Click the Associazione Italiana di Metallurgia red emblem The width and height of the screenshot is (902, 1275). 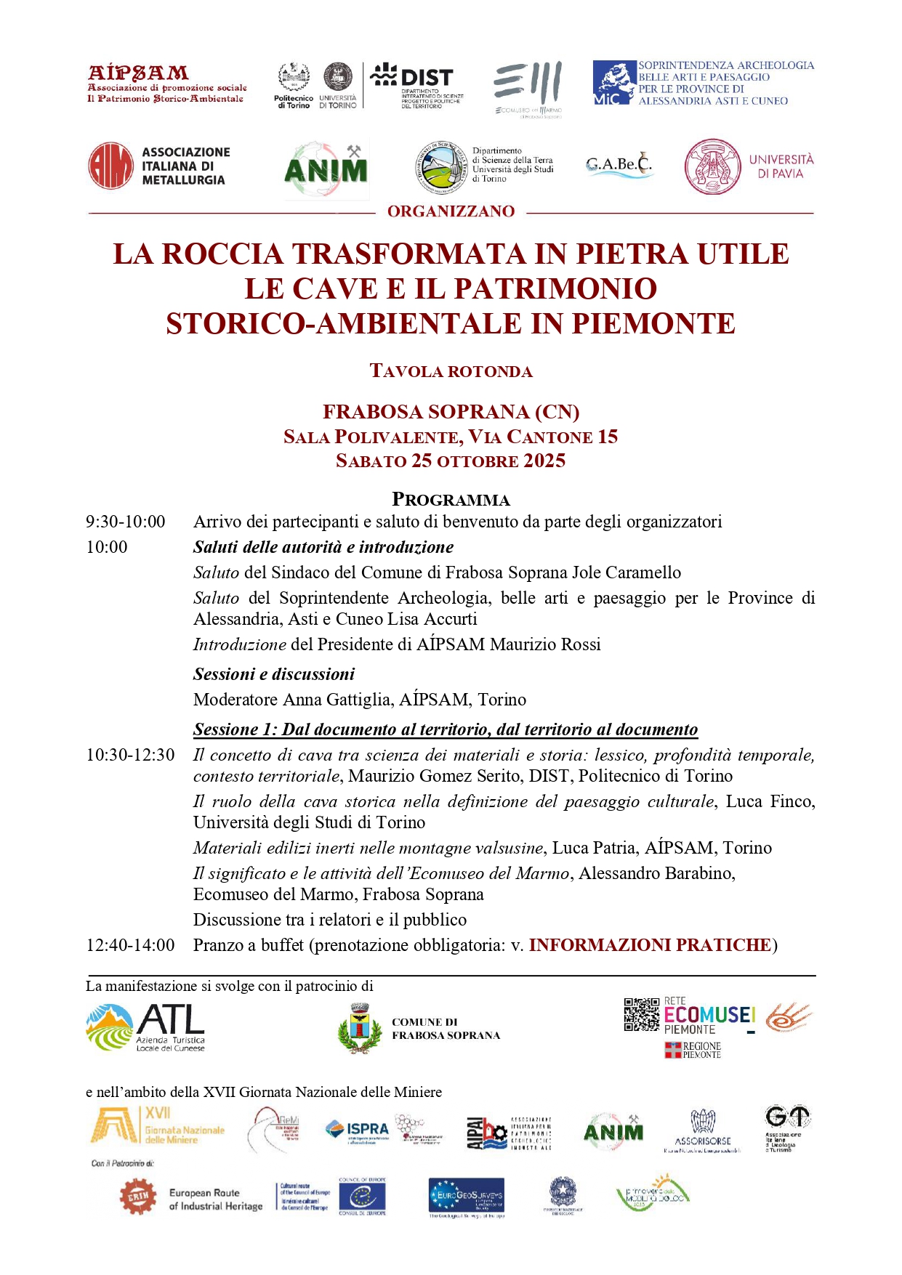110,166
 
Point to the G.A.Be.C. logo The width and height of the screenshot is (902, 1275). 619,165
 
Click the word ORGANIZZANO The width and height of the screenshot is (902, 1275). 451,211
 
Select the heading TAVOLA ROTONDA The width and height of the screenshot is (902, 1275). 451,371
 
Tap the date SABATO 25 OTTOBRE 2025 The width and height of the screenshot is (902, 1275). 451,461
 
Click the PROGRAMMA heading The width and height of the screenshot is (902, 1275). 451,500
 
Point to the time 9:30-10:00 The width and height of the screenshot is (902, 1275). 126,522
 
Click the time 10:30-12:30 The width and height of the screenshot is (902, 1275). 130,755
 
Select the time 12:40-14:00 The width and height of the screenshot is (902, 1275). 130,945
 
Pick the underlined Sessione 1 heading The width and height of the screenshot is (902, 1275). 445,729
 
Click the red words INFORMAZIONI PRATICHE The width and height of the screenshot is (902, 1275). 650,945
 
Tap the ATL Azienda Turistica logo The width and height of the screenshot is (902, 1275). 145,1027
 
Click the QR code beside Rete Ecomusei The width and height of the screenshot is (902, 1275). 642,1015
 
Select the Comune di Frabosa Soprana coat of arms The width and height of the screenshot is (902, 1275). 360,1029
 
